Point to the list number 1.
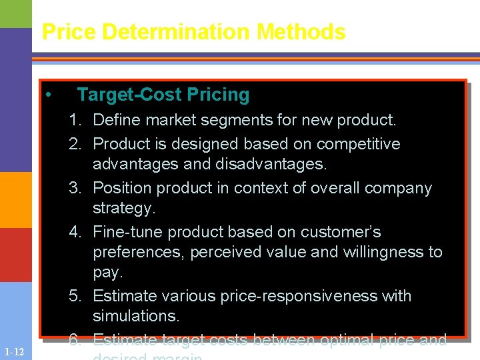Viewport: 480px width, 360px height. click(x=74, y=121)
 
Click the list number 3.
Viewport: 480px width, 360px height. click(x=74, y=189)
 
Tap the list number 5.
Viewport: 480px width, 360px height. click(x=74, y=296)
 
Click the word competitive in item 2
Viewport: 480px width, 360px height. click(x=358, y=144)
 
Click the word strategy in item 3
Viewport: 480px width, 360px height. click(x=123, y=209)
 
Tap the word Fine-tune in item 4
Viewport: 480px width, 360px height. click(x=128, y=232)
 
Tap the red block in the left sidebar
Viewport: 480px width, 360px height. click(x=15, y=255)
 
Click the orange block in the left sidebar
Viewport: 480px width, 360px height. click(x=15, y=200)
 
